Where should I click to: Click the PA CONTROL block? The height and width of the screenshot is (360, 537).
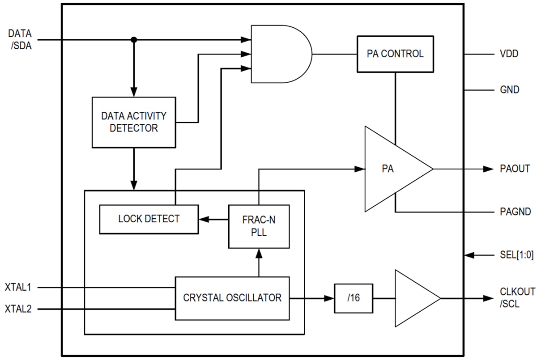pos(395,54)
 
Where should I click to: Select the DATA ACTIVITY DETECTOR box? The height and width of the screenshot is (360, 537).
pos(134,122)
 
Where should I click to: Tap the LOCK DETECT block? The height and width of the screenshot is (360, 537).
pos(149,219)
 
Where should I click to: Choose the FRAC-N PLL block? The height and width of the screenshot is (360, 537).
pos(259,226)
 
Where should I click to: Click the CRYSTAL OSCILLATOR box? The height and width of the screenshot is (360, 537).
pos(232,298)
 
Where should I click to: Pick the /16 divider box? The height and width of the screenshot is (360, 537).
pos(354,298)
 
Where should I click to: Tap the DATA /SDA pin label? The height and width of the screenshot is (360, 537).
pos(21,39)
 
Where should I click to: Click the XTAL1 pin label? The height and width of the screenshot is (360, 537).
pos(18,287)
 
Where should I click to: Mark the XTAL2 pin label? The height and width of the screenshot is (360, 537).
pos(18,309)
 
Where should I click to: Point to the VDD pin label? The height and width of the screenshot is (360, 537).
pos(509,54)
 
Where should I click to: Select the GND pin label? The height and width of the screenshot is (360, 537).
pos(510,90)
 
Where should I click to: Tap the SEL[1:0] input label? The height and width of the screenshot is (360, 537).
pos(517,255)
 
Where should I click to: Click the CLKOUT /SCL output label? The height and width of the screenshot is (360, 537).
pos(517,297)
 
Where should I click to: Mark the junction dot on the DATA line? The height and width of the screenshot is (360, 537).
pos(133,40)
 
